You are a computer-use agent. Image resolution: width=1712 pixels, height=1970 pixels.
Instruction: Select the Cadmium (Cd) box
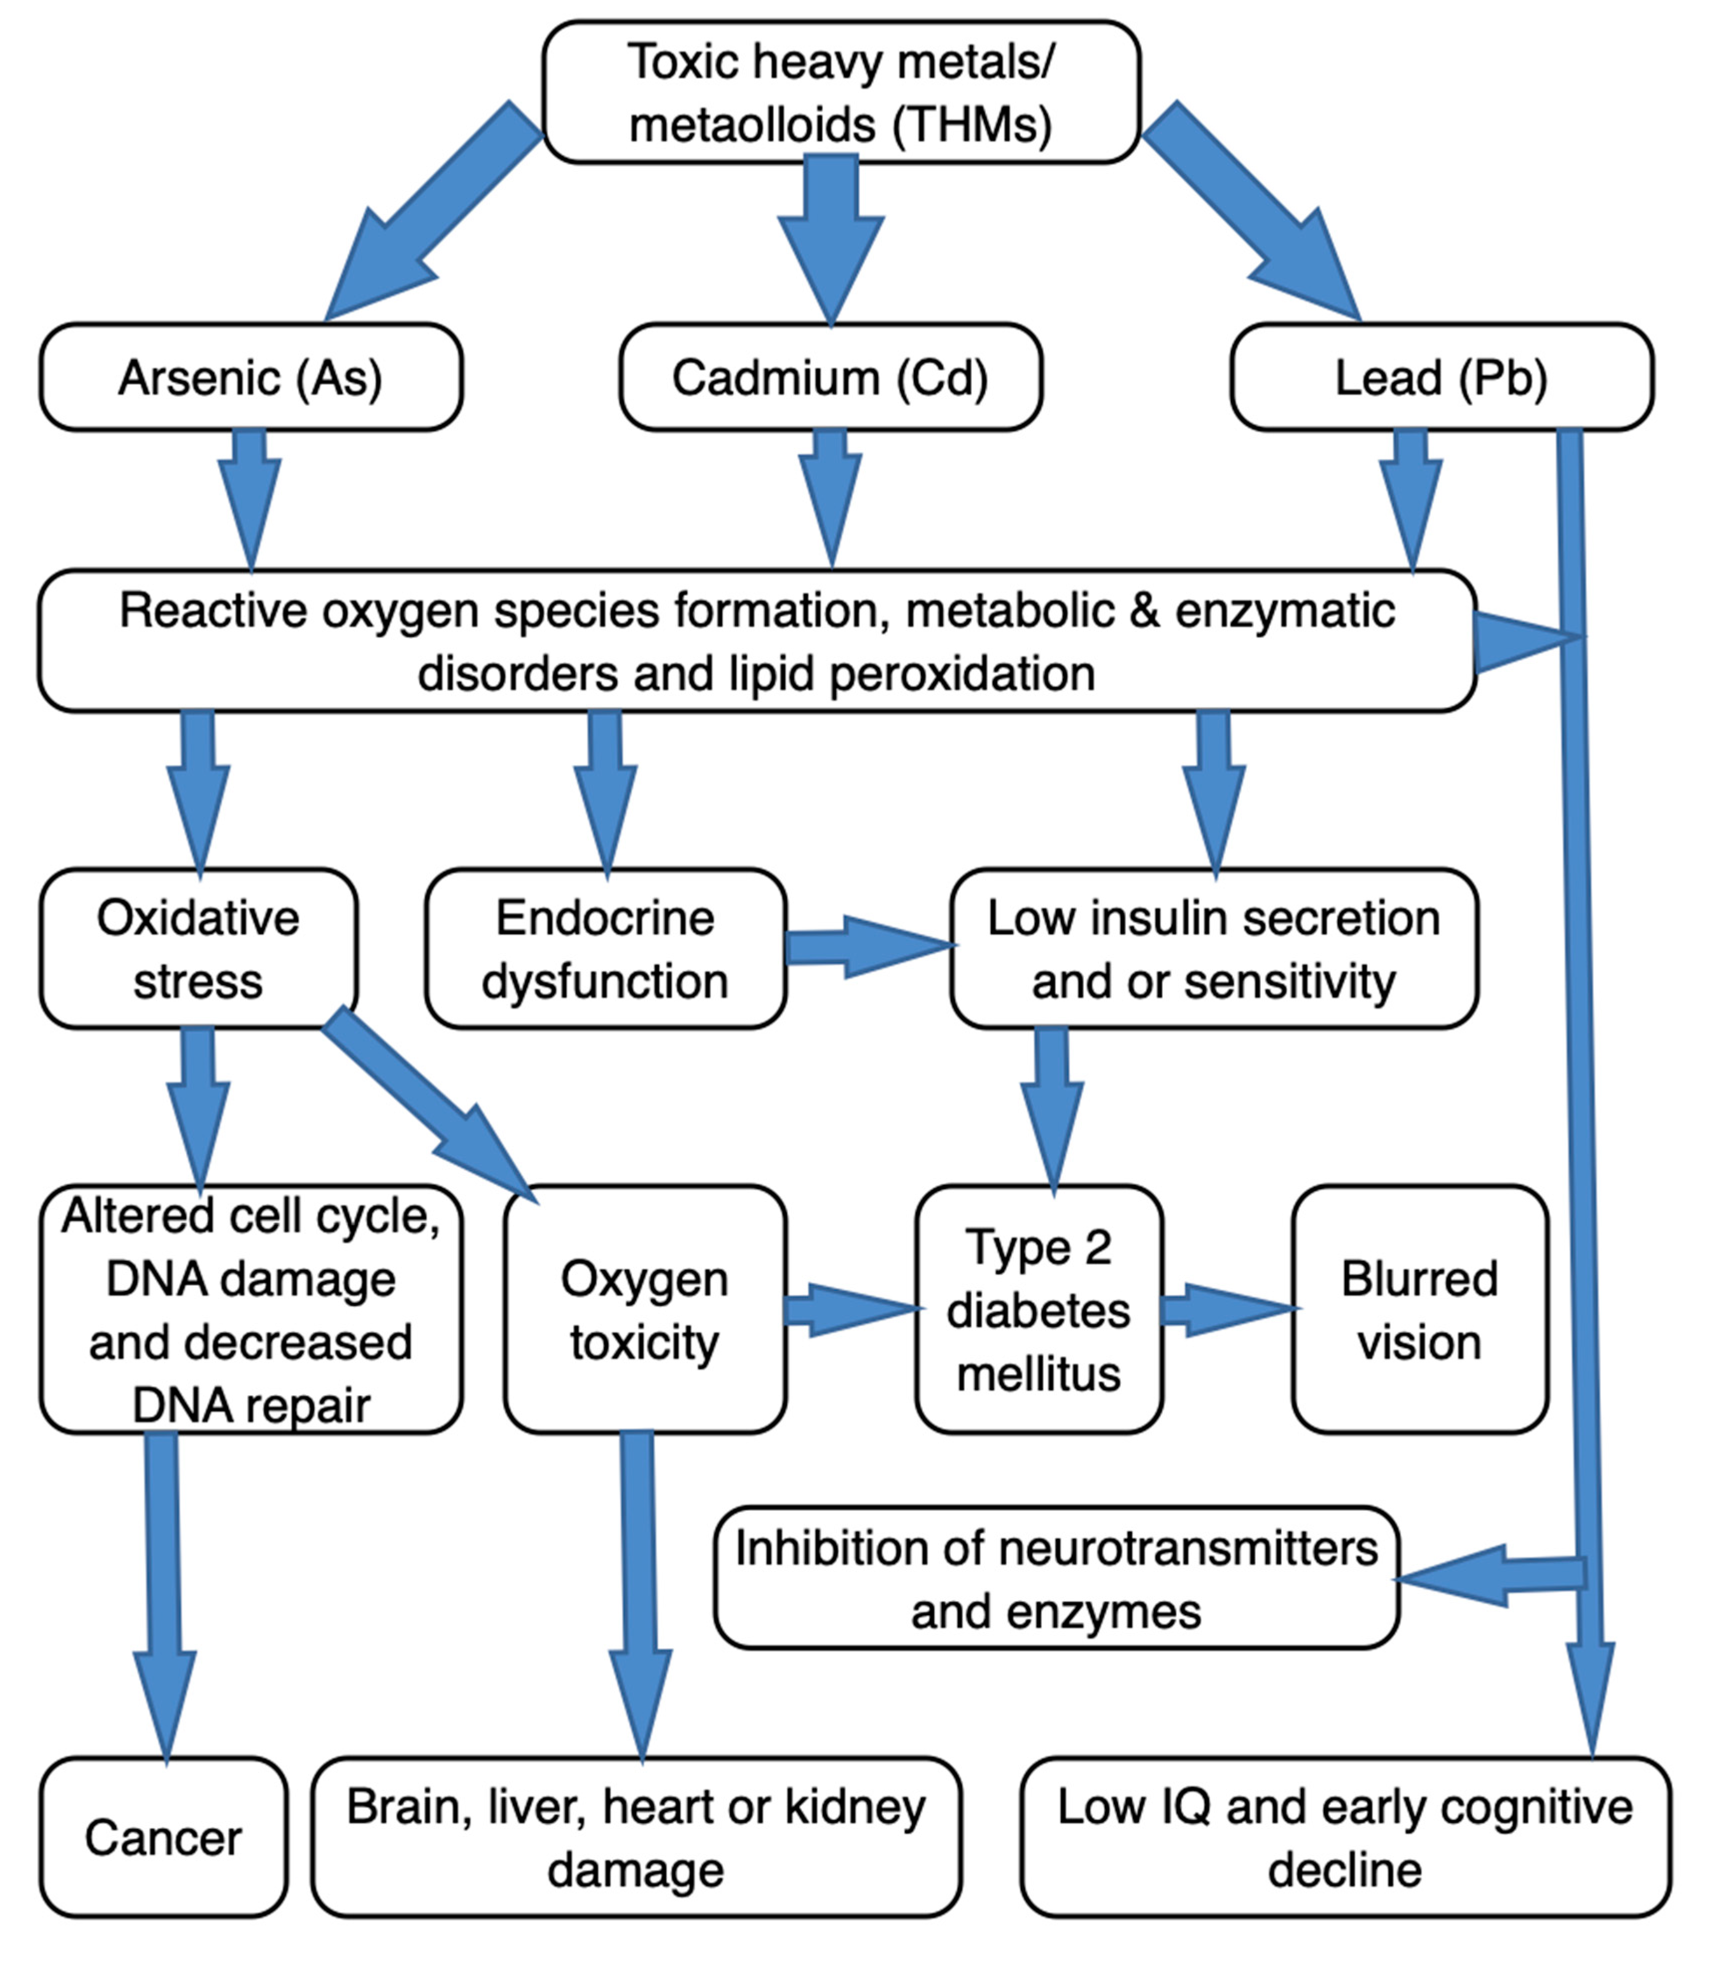(830, 377)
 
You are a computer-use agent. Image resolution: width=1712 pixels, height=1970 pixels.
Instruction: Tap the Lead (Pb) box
(1442, 377)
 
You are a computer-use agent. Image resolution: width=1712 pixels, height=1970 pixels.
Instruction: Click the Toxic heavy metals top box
(841, 92)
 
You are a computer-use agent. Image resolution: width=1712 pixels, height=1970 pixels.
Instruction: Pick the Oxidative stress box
(199, 949)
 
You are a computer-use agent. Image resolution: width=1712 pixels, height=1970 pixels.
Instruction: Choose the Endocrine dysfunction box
(606, 949)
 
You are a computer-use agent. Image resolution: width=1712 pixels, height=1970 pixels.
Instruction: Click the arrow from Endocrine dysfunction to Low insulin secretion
(869, 947)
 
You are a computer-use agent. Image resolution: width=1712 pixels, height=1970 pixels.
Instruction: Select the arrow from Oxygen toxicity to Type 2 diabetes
(852, 1310)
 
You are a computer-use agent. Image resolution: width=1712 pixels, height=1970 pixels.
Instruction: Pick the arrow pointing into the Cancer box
(163, 1597)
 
